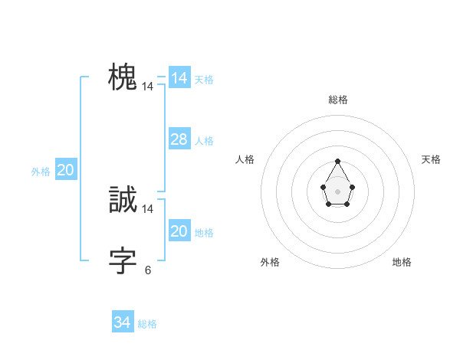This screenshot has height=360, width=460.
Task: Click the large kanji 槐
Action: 123,77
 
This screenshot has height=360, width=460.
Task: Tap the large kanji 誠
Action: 123,200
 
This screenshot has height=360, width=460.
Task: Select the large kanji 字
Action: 123,261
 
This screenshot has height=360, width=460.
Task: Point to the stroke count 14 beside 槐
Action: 148,87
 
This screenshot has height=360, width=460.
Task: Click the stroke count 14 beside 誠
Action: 148,209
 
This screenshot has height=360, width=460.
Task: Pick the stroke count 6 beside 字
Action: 148,270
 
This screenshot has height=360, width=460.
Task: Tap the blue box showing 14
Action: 179,78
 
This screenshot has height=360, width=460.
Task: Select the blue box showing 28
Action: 179,139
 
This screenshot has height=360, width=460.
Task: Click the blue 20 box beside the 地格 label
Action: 179,231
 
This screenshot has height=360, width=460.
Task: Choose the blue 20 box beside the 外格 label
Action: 65,170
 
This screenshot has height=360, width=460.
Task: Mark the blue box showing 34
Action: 122,322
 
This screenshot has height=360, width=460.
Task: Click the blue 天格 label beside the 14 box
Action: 204,80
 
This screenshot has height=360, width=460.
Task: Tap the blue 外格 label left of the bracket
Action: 41,172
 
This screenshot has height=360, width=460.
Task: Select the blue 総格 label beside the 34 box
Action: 147,324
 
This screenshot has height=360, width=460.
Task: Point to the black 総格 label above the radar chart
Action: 338,100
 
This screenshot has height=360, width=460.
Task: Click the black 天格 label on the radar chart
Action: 431,159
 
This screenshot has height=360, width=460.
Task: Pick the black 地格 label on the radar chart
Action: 402,262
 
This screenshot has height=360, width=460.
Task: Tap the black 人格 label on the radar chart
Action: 245,159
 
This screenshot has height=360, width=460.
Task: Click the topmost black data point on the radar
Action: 337,161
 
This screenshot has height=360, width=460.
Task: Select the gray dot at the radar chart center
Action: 337,191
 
